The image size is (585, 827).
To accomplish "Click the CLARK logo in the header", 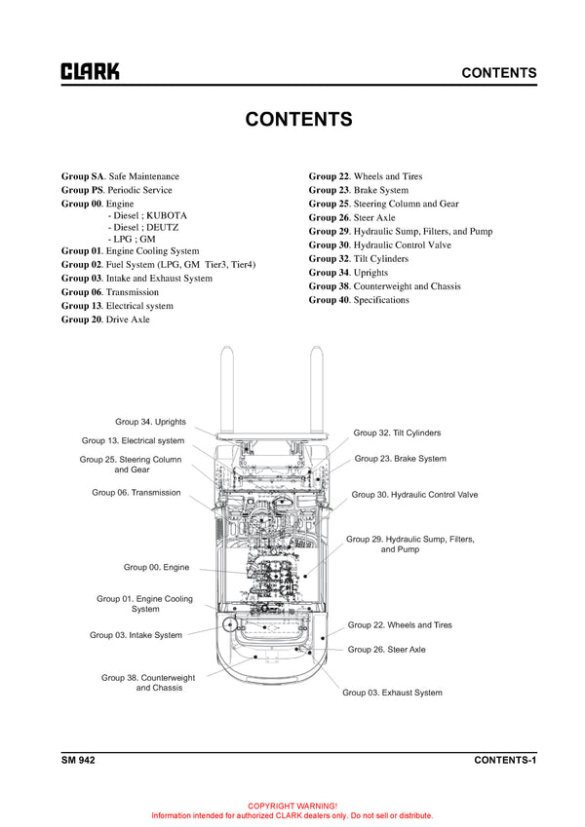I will [x=91, y=71].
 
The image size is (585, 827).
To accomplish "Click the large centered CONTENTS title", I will [x=298, y=120].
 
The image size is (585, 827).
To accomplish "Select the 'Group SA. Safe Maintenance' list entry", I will [x=120, y=176].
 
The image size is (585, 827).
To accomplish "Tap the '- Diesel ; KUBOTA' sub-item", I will [x=147, y=215].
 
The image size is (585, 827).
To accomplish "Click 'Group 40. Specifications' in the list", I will [x=359, y=300].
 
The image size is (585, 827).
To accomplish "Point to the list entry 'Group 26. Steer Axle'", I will [x=352, y=218].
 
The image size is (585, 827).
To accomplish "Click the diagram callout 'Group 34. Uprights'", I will [x=150, y=422].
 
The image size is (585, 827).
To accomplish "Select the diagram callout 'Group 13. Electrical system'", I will [x=133, y=441].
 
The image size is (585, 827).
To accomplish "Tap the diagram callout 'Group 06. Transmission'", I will [x=136, y=493].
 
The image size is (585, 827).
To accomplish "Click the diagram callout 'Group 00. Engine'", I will [x=156, y=567].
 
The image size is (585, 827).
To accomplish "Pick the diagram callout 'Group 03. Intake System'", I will [x=136, y=635].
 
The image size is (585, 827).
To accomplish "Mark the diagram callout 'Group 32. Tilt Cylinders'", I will [x=397, y=432].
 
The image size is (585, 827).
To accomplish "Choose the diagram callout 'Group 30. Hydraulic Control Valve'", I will [x=414, y=495].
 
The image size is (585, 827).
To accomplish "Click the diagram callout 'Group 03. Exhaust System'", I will [x=392, y=693].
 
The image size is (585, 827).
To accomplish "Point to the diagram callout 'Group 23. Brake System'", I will [x=401, y=459].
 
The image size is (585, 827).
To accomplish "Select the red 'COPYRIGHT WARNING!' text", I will [x=292, y=807].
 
